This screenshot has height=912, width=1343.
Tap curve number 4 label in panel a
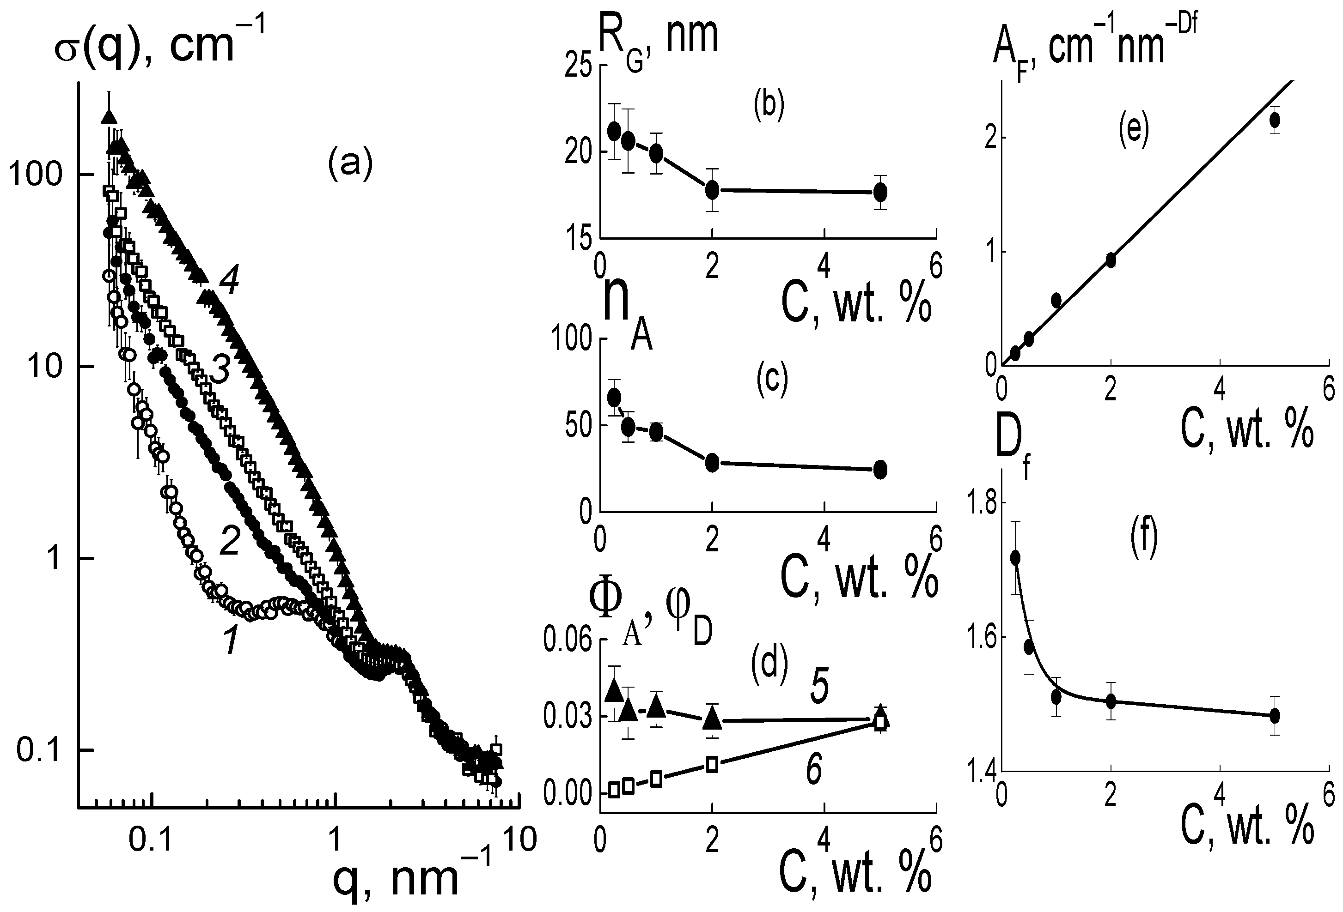[x=229, y=283]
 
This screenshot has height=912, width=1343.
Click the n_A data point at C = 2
[x=712, y=462]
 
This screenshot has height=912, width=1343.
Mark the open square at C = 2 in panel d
[x=712, y=764]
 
